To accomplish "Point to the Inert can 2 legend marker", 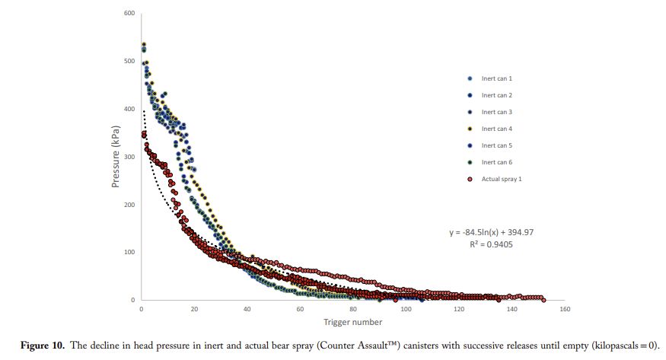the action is click(x=470, y=95).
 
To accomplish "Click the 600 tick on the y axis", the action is click(x=129, y=13).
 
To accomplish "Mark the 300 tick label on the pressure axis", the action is click(x=129, y=157).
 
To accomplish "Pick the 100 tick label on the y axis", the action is click(x=129, y=252).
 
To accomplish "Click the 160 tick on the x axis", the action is click(x=565, y=309).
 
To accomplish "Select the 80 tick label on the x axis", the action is click(x=353, y=309).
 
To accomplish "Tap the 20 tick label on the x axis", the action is click(x=194, y=309).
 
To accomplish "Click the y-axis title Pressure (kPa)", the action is click(x=116, y=157).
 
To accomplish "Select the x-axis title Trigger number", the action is click(x=352, y=322).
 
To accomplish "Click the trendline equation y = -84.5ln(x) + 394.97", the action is click(x=492, y=232).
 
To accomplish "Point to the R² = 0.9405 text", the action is click(x=491, y=244).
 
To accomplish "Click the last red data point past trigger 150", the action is click(x=543, y=300).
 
